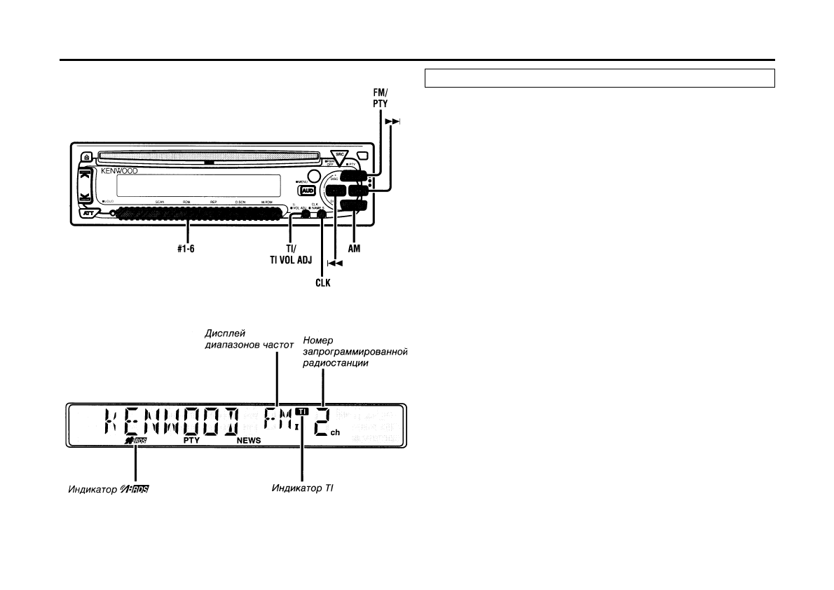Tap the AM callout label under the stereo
[355, 249]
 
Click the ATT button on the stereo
[86, 214]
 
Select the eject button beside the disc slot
[85, 157]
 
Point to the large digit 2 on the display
[322, 423]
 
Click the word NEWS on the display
[248, 441]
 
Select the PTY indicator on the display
[192, 441]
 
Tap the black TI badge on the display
[301, 411]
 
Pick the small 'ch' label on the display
[335, 433]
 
